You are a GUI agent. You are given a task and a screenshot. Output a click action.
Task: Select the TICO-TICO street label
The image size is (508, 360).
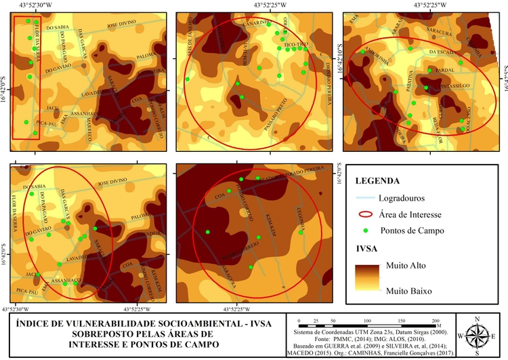tap(296, 45)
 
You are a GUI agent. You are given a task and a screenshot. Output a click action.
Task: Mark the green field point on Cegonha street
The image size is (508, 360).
tap(301, 233)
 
